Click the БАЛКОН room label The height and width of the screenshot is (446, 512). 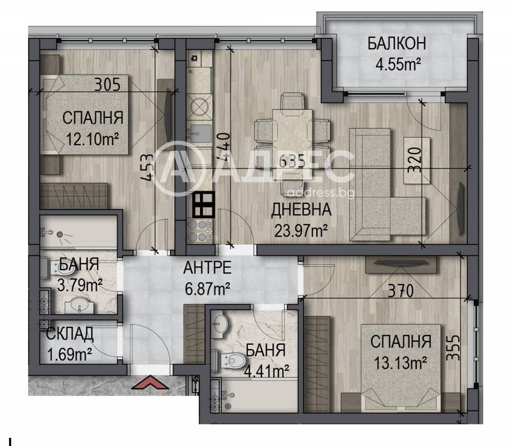point(397,44)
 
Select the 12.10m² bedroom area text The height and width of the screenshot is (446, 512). point(92,139)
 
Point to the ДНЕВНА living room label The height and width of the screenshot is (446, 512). point(301,209)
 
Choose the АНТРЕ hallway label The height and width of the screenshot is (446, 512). point(207,268)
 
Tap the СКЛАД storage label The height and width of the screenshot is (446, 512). point(70,333)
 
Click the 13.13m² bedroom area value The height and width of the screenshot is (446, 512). point(400,363)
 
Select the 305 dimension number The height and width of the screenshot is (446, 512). point(108,84)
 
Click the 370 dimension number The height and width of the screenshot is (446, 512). point(401,290)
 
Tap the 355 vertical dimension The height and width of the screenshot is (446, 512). point(453,348)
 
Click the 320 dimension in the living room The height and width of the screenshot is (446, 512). point(414,160)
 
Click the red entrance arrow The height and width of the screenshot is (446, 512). point(150,383)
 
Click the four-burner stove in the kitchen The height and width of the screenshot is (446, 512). point(197,231)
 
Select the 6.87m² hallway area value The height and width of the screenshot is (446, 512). point(207,289)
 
